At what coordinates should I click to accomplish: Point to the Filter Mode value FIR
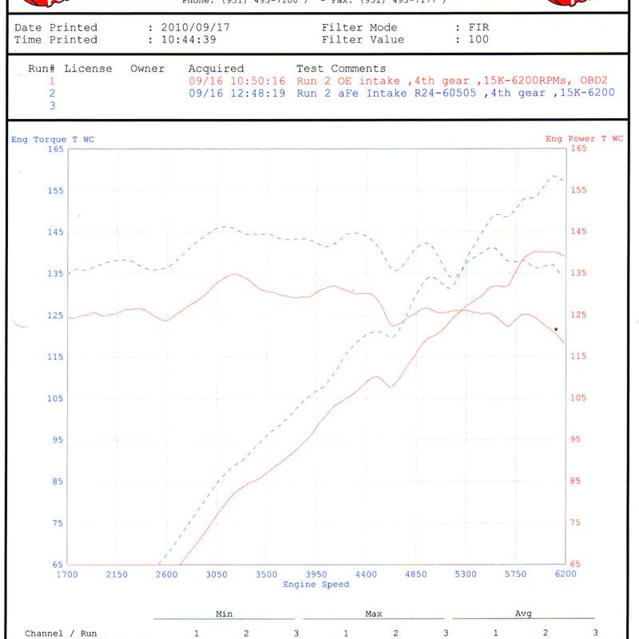coord(478,28)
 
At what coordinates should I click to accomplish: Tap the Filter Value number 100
coord(478,40)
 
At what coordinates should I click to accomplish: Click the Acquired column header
coord(216,69)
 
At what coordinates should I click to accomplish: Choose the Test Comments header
coord(341,69)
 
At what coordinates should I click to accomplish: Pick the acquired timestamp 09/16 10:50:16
coord(237,81)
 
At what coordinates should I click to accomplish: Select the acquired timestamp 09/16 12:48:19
coord(237,93)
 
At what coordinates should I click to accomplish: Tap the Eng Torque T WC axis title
coord(53,139)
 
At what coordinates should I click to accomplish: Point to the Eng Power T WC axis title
coord(584,139)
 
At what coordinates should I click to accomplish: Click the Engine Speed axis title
coord(316,585)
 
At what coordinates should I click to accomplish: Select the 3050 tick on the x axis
coord(216,574)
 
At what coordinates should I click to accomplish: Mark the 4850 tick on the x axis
coord(415,574)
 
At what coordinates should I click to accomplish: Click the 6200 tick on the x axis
coord(565,574)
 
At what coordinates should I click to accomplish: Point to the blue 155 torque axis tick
coord(56,191)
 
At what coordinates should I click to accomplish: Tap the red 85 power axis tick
coord(577,481)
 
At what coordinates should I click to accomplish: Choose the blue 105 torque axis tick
coord(56,399)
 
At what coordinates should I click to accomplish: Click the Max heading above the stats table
coord(373,614)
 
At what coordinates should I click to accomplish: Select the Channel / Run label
coord(61,633)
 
